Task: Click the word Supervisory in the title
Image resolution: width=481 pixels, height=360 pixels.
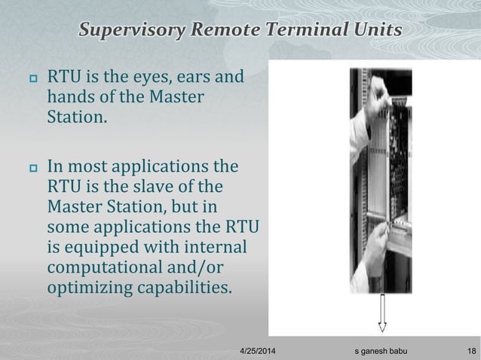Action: pos(126,31)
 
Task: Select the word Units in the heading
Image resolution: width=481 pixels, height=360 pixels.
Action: pos(375,31)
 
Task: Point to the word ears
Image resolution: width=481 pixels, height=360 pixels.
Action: pos(196,78)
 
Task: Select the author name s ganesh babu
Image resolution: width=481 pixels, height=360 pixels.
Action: pos(383,351)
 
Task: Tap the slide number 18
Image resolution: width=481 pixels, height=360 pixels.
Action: pos(471,351)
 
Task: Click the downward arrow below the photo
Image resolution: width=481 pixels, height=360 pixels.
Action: pos(382,313)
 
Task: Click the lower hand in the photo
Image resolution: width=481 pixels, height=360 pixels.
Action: pos(373,260)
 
